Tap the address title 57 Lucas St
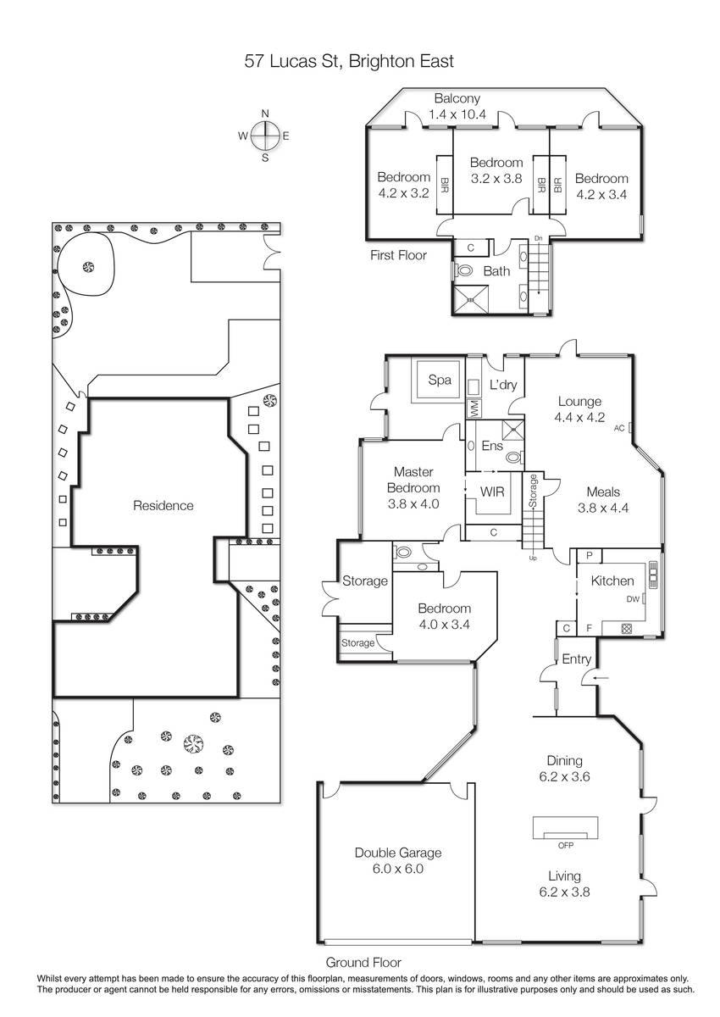(x=292, y=61)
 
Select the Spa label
(x=440, y=380)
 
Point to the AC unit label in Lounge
(x=619, y=428)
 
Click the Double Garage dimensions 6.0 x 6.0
(x=398, y=869)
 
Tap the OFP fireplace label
(x=565, y=846)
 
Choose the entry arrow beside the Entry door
(x=601, y=678)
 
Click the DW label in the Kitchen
(x=633, y=599)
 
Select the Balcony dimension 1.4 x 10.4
(x=457, y=114)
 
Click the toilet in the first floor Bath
(x=462, y=271)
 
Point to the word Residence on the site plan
(x=163, y=505)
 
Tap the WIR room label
(x=492, y=492)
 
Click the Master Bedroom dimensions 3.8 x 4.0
(x=413, y=503)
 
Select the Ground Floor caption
(x=363, y=962)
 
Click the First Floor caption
(x=398, y=255)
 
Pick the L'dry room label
(x=503, y=385)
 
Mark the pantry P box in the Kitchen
(x=590, y=556)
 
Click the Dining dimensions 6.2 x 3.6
(x=564, y=776)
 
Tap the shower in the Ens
(x=512, y=430)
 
